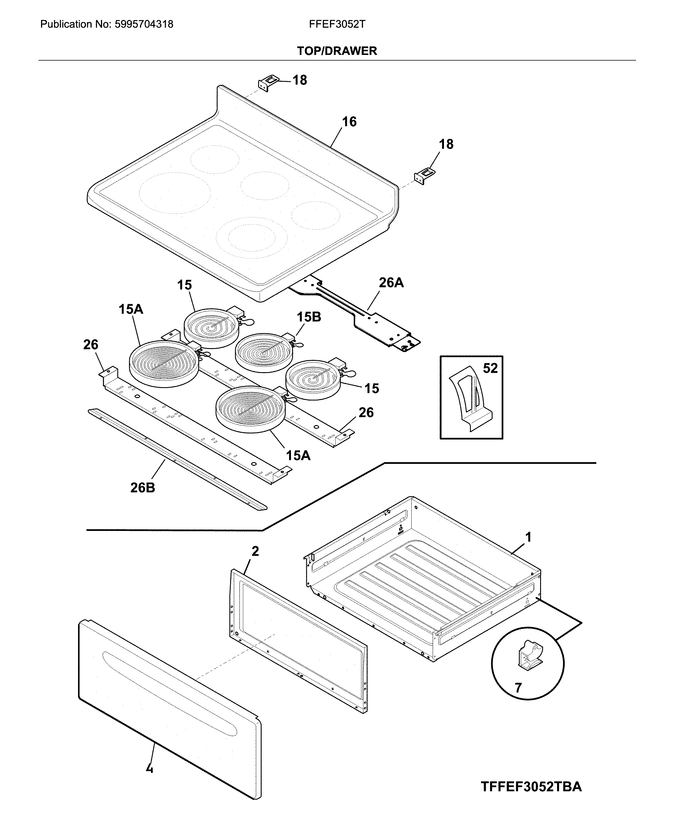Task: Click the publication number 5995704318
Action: click(143, 25)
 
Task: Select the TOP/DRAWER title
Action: click(337, 51)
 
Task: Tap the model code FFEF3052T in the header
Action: click(337, 25)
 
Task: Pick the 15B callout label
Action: click(309, 317)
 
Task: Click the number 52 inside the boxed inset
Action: click(490, 368)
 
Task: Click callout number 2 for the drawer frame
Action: click(255, 551)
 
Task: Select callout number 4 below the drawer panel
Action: click(150, 769)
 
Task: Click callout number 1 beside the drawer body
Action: click(528, 537)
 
